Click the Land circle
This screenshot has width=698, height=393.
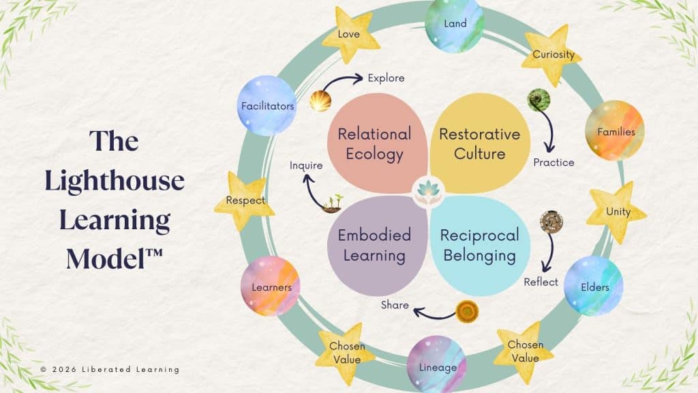click(455, 25)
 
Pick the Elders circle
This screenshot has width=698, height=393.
click(594, 286)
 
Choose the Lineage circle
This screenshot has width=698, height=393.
click(436, 365)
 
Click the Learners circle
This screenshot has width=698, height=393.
click(270, 287)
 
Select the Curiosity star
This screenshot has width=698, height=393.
click(551, 55)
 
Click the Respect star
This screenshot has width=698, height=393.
click(245, 201)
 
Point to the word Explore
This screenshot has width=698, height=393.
click(386, 78)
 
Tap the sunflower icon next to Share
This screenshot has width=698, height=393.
click(468, 311)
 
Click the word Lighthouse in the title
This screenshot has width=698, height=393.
click(115, 181)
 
